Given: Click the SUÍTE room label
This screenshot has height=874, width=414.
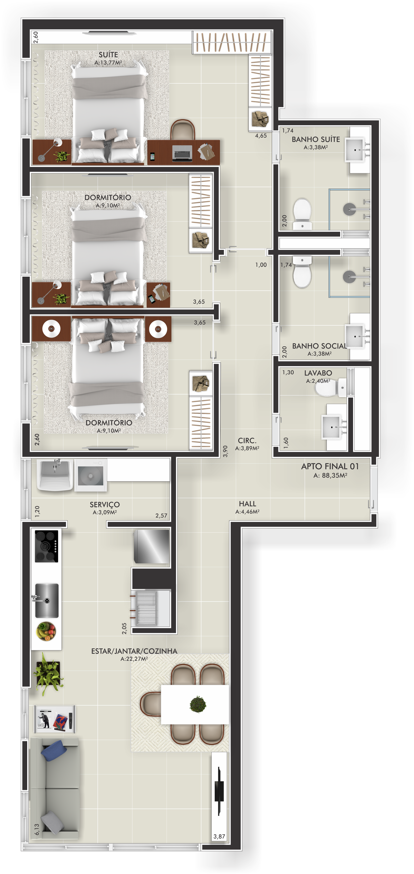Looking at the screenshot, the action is (108, 55).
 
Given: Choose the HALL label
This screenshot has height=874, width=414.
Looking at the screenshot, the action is (247, 504).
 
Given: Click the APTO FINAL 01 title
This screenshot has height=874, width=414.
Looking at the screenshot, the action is (330, 466).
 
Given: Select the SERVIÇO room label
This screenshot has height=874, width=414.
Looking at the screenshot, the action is (105, 505).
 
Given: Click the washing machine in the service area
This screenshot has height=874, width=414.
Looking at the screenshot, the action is (90, 476).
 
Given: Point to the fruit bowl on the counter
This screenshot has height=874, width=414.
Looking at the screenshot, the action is (46, 631).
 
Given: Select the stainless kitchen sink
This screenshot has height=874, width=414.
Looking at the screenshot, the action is (47, 600).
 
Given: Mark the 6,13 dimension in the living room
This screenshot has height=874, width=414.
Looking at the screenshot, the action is (37, 829).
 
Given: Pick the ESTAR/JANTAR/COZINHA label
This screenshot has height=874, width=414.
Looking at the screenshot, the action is (134, 651).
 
